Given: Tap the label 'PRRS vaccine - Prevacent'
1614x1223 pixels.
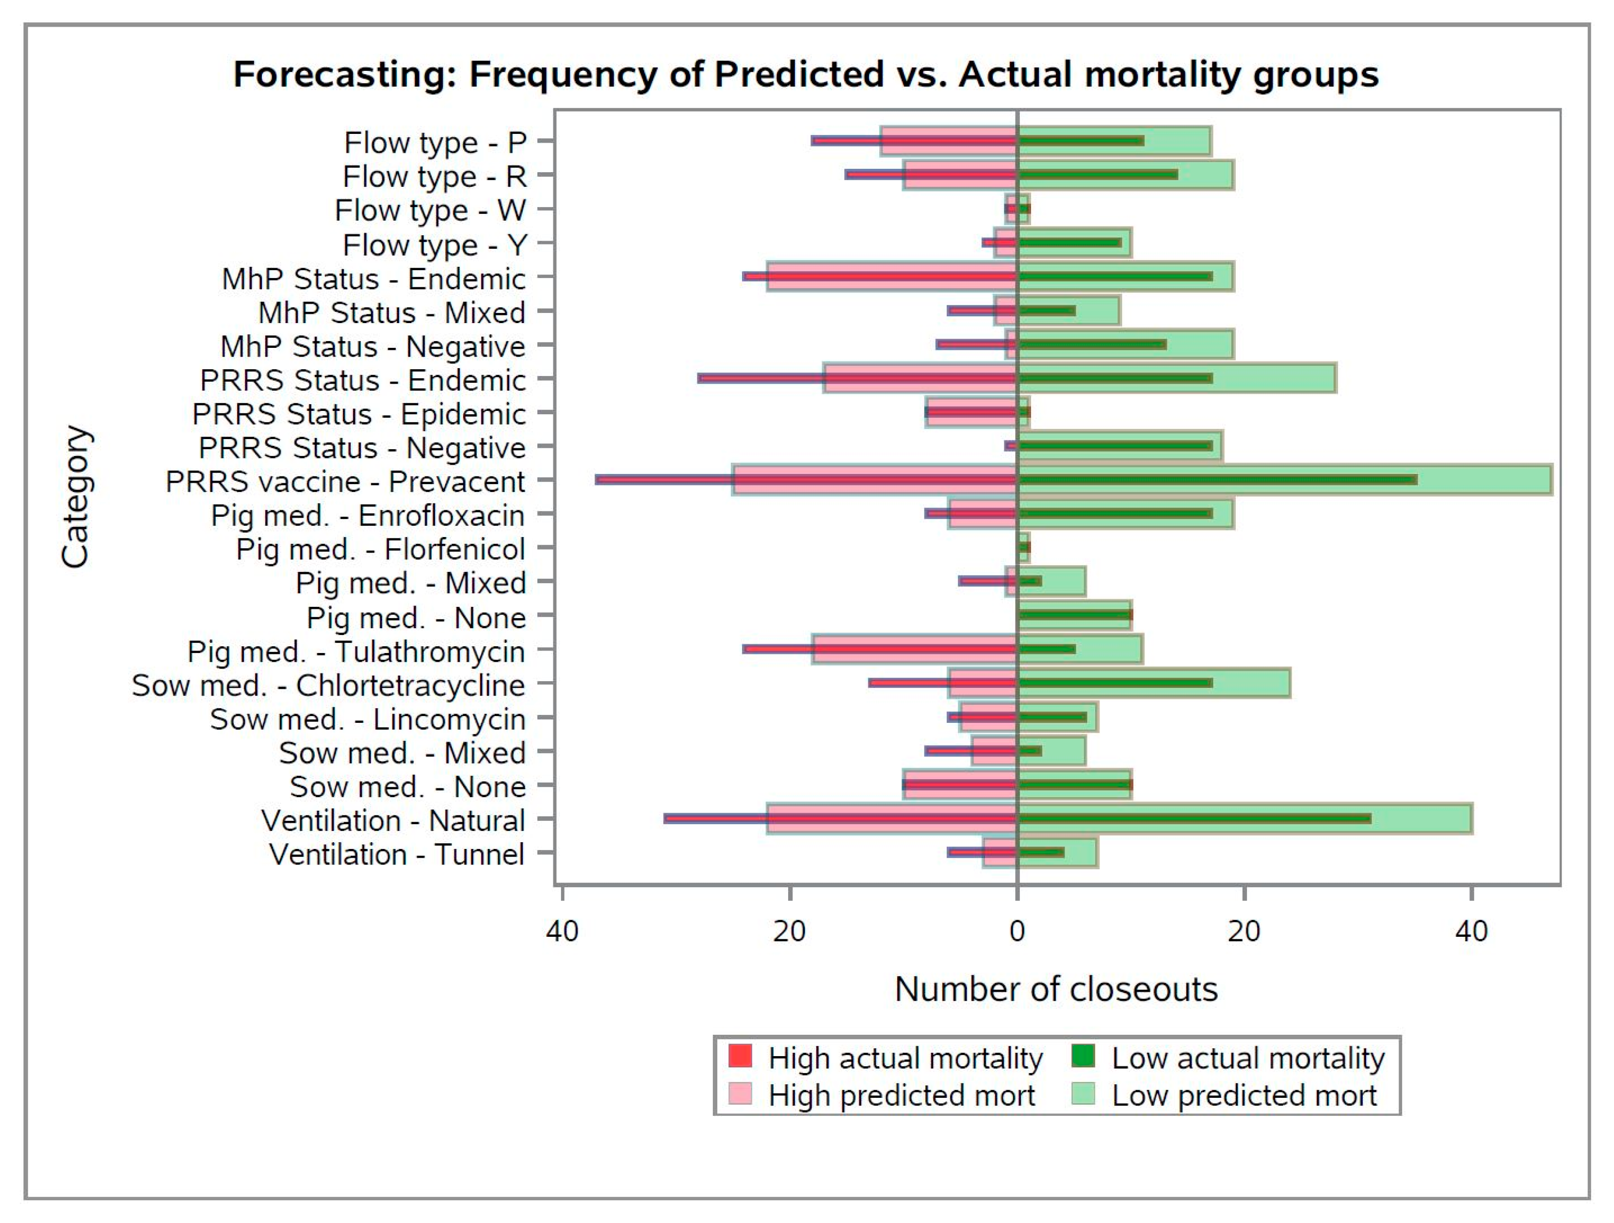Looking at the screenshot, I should (x=345, y=482).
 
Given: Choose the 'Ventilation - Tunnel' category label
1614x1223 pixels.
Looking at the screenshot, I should (x=396, y=854).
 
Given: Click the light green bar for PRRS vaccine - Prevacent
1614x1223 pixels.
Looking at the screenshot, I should (x=1488, y=470).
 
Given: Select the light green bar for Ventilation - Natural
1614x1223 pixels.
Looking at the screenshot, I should (x=1423, y=809).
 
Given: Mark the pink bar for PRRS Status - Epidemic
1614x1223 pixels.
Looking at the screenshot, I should (x=970, y=403).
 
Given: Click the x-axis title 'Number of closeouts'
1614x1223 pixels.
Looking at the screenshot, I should (x=1056, y=990).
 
